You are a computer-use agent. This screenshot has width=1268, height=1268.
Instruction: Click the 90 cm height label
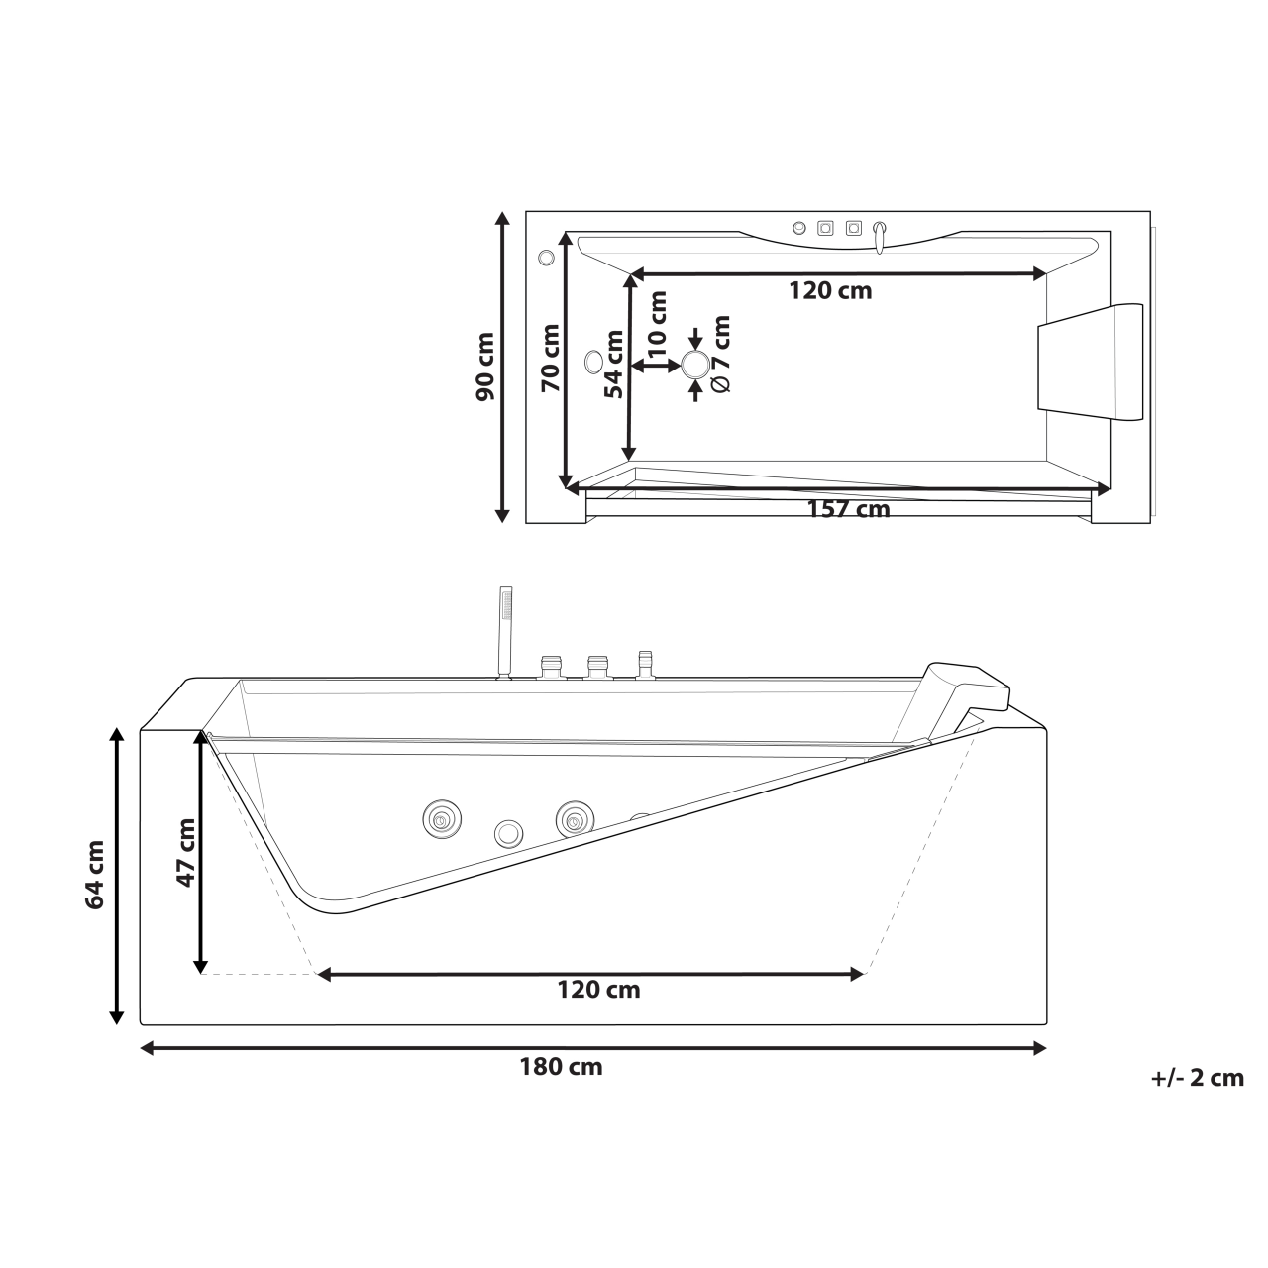[x=485, y=366]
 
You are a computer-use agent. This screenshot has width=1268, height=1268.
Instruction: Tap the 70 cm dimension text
[x=551, y=358]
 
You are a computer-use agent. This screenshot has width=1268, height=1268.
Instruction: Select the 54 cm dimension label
[x=614, y=364]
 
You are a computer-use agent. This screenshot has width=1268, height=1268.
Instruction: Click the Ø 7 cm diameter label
[x=721, y=354]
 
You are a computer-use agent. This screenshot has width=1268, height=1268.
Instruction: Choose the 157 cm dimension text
[x=848, y=510]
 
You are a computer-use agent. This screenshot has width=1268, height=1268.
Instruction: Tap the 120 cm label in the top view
[x=830, y=291]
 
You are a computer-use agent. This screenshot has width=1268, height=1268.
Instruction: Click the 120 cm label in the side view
[x=598, y=990]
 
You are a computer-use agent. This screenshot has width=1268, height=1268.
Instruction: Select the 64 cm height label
[x=95, y=875]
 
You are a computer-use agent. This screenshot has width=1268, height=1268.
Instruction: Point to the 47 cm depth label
[x=184, y=852]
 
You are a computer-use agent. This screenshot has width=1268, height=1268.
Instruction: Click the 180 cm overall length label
[x=561, y=1068]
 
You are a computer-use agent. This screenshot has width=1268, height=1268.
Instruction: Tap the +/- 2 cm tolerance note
[x=1197, y=1079]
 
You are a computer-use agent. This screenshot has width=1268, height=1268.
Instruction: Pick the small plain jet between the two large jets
[x=509, y=833]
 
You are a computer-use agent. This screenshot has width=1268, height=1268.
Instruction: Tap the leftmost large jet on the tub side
[x=440, y=819]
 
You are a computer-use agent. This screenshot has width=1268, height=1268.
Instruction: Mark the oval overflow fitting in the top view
[x=594, y=362]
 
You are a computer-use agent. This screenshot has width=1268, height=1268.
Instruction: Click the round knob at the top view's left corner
[x=545, y=259]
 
